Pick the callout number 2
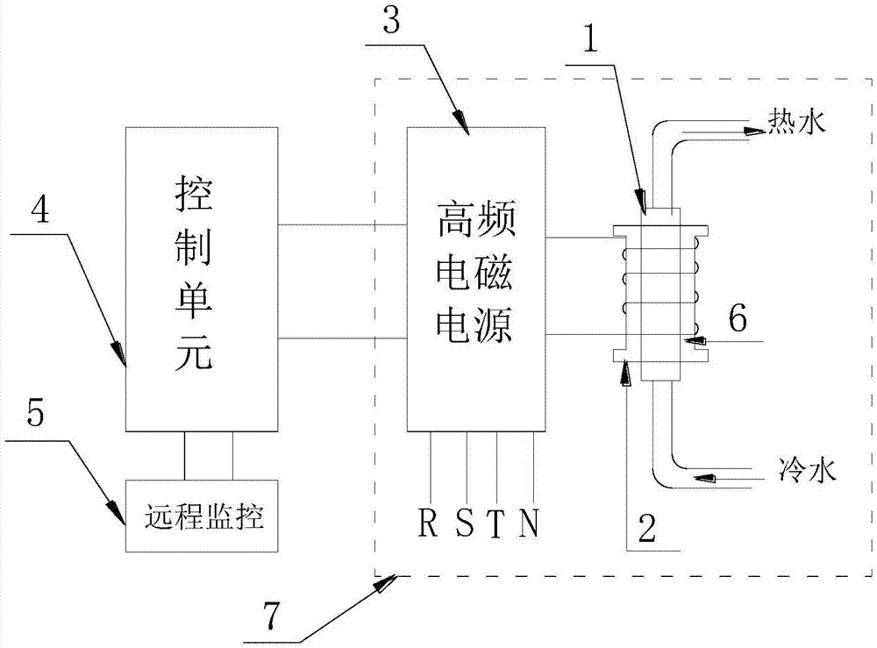[646, 528]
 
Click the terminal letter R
[430, 523]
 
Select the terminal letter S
[465, 523]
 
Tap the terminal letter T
[496, 523]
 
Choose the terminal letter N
[530, 523]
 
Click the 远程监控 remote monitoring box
[202, 516]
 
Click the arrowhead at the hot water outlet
[754, 132]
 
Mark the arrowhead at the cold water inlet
[706, 478]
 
